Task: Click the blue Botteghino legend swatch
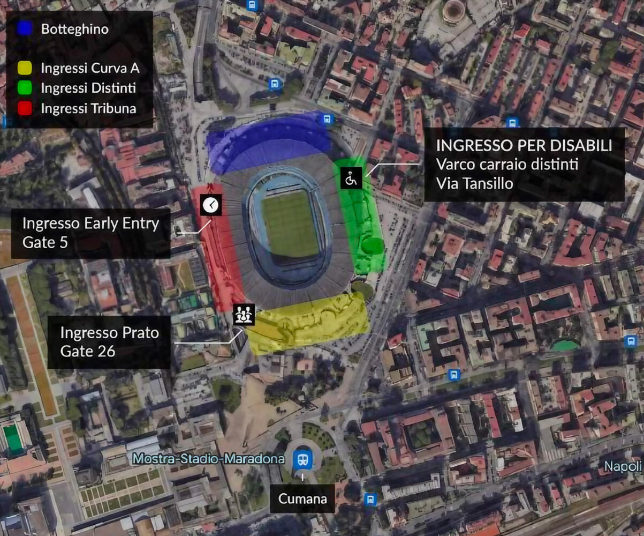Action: coord(25,28)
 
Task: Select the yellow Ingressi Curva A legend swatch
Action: coord(25,68)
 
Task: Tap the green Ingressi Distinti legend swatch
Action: coord(25,87)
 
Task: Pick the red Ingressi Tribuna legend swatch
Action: coord(25,108)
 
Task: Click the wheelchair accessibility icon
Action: coord(351,178)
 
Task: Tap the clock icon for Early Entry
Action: coord(211,204)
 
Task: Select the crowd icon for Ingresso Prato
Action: coord(244,315)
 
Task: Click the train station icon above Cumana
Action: coord(303,459)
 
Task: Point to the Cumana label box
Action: coord(302,498)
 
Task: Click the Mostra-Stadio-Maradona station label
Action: coord(208,459)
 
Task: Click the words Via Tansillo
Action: coord(474,183)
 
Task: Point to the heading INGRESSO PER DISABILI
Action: coord(524,146)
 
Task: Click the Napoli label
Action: coord(623,466)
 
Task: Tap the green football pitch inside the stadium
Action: coord(290,224)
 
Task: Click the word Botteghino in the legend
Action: coord(74,29)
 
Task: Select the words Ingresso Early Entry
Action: coord(90,223)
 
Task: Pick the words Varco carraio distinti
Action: coord(507,165)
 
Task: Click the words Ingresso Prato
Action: coord(109,332)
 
